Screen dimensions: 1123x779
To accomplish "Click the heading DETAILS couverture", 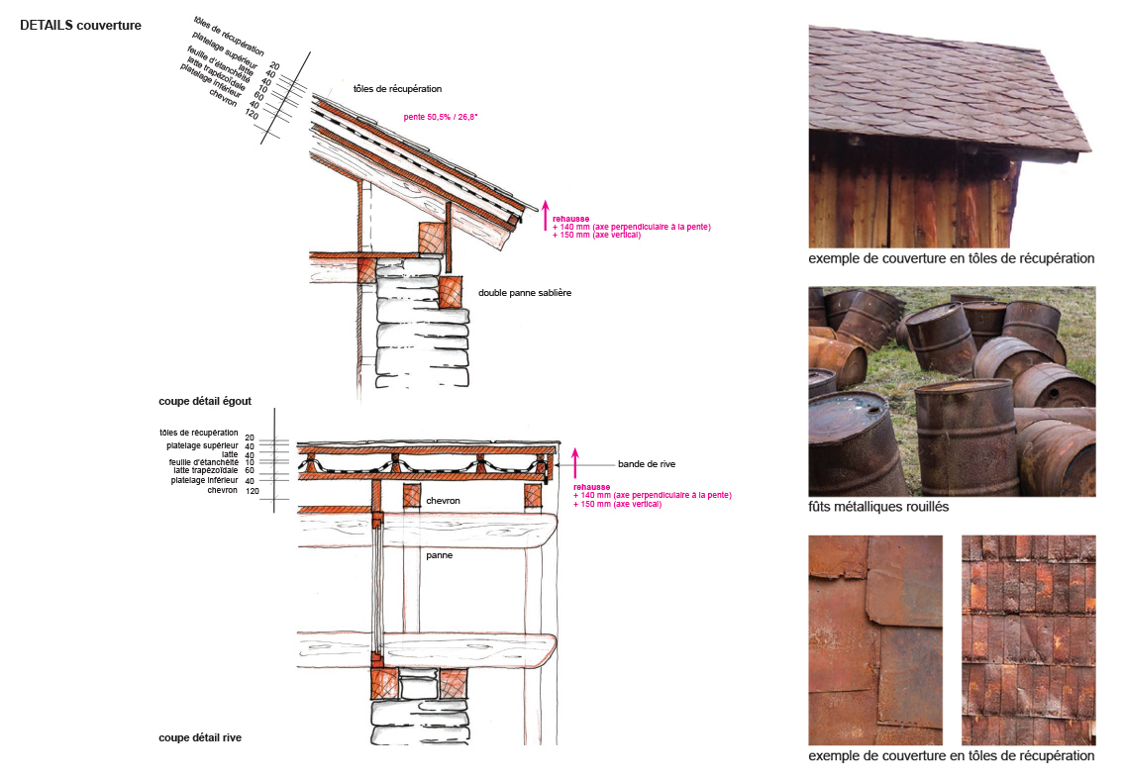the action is coord(80,25).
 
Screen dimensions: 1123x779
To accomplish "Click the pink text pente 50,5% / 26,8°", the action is coord(441,117).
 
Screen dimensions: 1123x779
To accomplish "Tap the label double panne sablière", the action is coord(525,293).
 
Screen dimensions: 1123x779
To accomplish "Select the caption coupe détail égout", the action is coord(205,401).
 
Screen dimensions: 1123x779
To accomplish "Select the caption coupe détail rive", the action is coord(200,737).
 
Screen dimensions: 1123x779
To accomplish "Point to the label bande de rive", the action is coord(647,464).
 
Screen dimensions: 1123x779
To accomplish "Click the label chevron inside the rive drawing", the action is coord(443,501).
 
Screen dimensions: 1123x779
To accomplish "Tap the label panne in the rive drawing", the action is coord(439,555).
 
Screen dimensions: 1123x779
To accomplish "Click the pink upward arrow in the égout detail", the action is coord(545,215).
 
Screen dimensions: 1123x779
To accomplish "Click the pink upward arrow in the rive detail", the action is coord(574,463).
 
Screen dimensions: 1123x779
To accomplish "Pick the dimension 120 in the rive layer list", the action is coord(253,491).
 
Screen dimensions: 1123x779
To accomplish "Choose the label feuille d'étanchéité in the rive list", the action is coord(203,462).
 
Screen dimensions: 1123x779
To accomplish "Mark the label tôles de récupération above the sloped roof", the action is coord(397,89).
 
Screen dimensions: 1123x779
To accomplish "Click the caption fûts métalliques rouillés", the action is coord(878,506).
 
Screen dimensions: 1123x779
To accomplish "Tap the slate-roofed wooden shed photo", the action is coord(951,137).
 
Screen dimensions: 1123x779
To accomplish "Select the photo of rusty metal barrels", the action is coord(952,391).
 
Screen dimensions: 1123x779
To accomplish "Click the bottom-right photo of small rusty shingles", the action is coord(1029,640).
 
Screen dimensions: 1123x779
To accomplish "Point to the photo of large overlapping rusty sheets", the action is coord(875,640).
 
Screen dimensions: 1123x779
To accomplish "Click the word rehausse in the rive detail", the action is coord(591,487).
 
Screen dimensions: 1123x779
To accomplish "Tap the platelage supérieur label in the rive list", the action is coord(202,445).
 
